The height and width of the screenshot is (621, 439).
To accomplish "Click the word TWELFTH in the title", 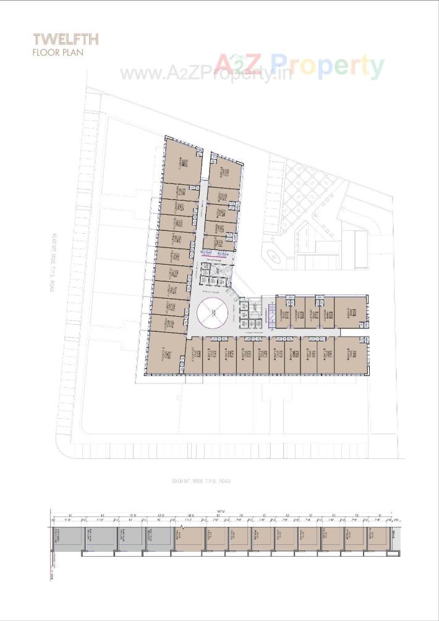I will [x=66, y=40].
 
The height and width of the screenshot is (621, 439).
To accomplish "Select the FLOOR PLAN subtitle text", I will [x=58, y=53].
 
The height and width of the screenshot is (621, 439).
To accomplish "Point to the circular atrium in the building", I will [x=213, y=311].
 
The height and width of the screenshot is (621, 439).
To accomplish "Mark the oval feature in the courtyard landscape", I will [x=273, y=255].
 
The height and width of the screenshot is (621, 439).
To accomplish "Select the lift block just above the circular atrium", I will [x=212, y=274].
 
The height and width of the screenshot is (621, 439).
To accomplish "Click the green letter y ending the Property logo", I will [x=374, y=67].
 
